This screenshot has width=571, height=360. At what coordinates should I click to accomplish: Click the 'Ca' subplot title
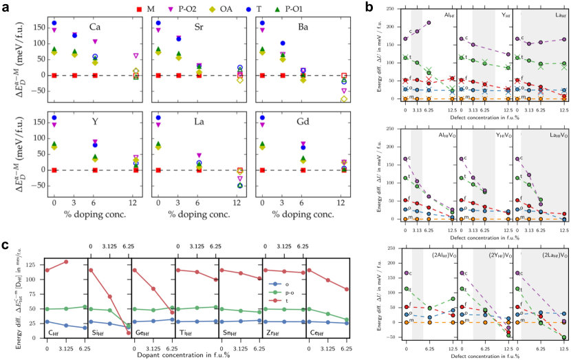pos(95,28)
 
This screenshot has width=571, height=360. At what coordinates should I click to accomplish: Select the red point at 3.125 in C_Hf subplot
pos(65,262)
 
